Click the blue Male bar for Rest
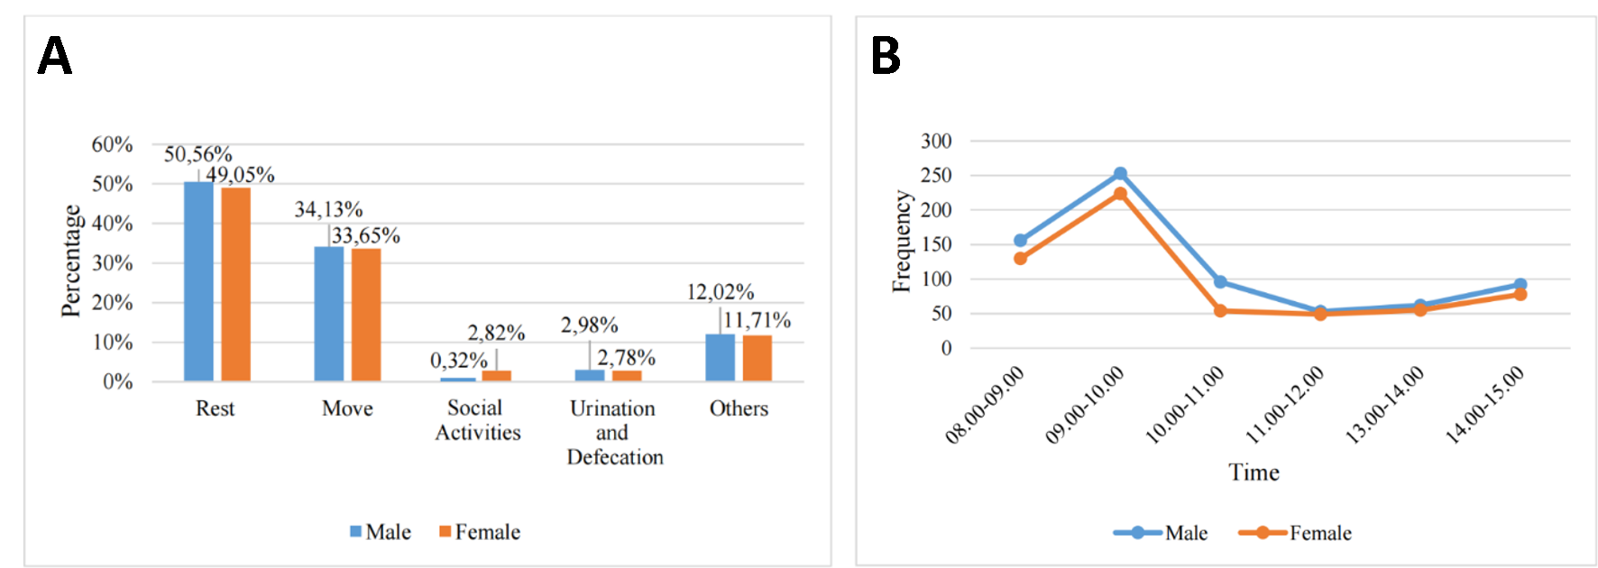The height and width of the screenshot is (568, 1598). click(198, 281)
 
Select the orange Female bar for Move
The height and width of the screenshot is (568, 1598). click(365, 314)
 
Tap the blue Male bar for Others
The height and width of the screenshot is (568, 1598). click(720, 357)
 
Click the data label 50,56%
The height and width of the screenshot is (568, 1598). click(197, 154)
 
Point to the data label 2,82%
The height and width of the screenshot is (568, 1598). click(496, 333)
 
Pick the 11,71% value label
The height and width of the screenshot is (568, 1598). click(758, 320)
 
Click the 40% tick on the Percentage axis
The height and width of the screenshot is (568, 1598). click(112, 224)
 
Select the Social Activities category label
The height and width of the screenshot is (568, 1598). click(477, 420)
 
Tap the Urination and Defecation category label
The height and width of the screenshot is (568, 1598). click(614, 433)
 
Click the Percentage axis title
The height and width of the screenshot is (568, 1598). click(70, 261)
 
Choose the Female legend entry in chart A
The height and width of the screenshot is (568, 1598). click(480, 532)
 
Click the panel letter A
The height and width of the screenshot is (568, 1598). click(54, 57)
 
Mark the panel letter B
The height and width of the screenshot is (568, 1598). click(885, 57)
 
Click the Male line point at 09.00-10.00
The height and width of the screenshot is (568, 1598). click(1120, 173)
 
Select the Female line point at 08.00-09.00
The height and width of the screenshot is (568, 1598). click(1020, 259)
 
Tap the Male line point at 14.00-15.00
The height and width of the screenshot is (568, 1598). click(1520, 285)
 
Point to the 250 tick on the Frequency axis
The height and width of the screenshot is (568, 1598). click(936, 175)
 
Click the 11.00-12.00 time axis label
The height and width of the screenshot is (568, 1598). click(1285, 405)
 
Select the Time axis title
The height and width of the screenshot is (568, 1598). click(1254, 472)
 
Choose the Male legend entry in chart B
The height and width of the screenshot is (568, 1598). click(1162, 533)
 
